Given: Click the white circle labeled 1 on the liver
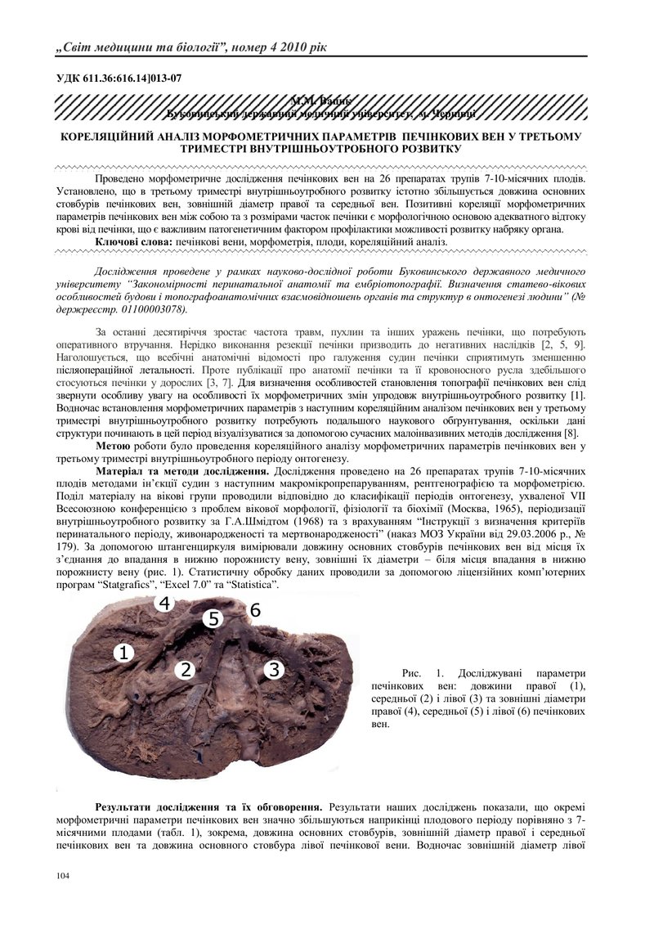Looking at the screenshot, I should tap(123, 652).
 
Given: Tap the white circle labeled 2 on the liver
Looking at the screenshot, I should tap(186, 670).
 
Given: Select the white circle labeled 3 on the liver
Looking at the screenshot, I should tap(273, 669).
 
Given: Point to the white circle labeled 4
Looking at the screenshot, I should tap(164, 604).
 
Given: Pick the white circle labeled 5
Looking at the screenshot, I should tap(213, 618).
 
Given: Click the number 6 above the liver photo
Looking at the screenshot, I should tap(255, 610).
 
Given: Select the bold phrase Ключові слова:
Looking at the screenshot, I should tap(133, 242).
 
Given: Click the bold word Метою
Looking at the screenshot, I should tap(113, 446).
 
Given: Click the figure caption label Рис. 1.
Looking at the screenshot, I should tap(429, 672).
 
